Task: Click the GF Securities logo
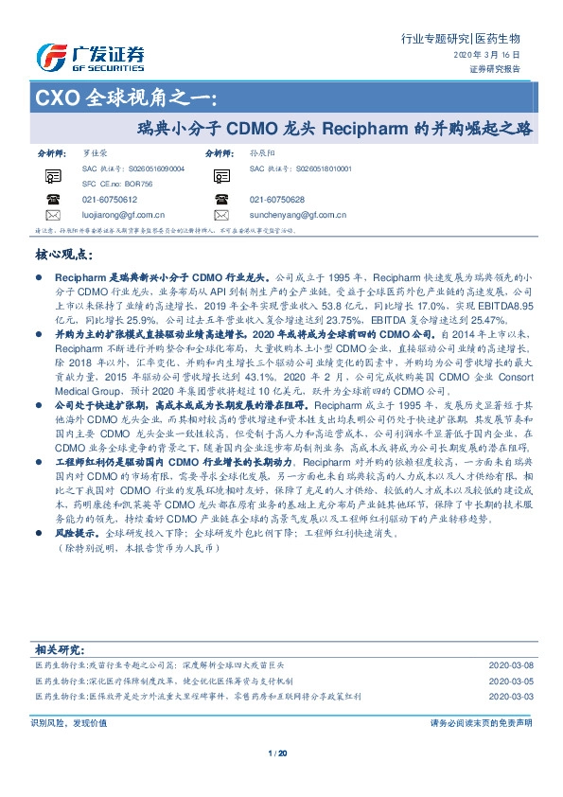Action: click(91, 59)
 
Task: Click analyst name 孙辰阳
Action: click(262, 152)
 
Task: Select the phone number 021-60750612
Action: click(109, 200)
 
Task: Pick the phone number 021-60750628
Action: click(277, 200)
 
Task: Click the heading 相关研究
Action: click(62, 650)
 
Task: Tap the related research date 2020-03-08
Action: click(510, 666)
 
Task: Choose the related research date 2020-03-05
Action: click(510, 681)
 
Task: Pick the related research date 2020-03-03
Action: click(510, 695)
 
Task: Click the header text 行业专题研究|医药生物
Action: click(461, 39)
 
